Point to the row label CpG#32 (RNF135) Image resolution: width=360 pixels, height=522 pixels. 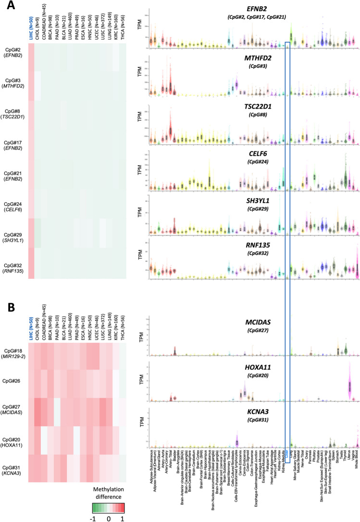(14, 263)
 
